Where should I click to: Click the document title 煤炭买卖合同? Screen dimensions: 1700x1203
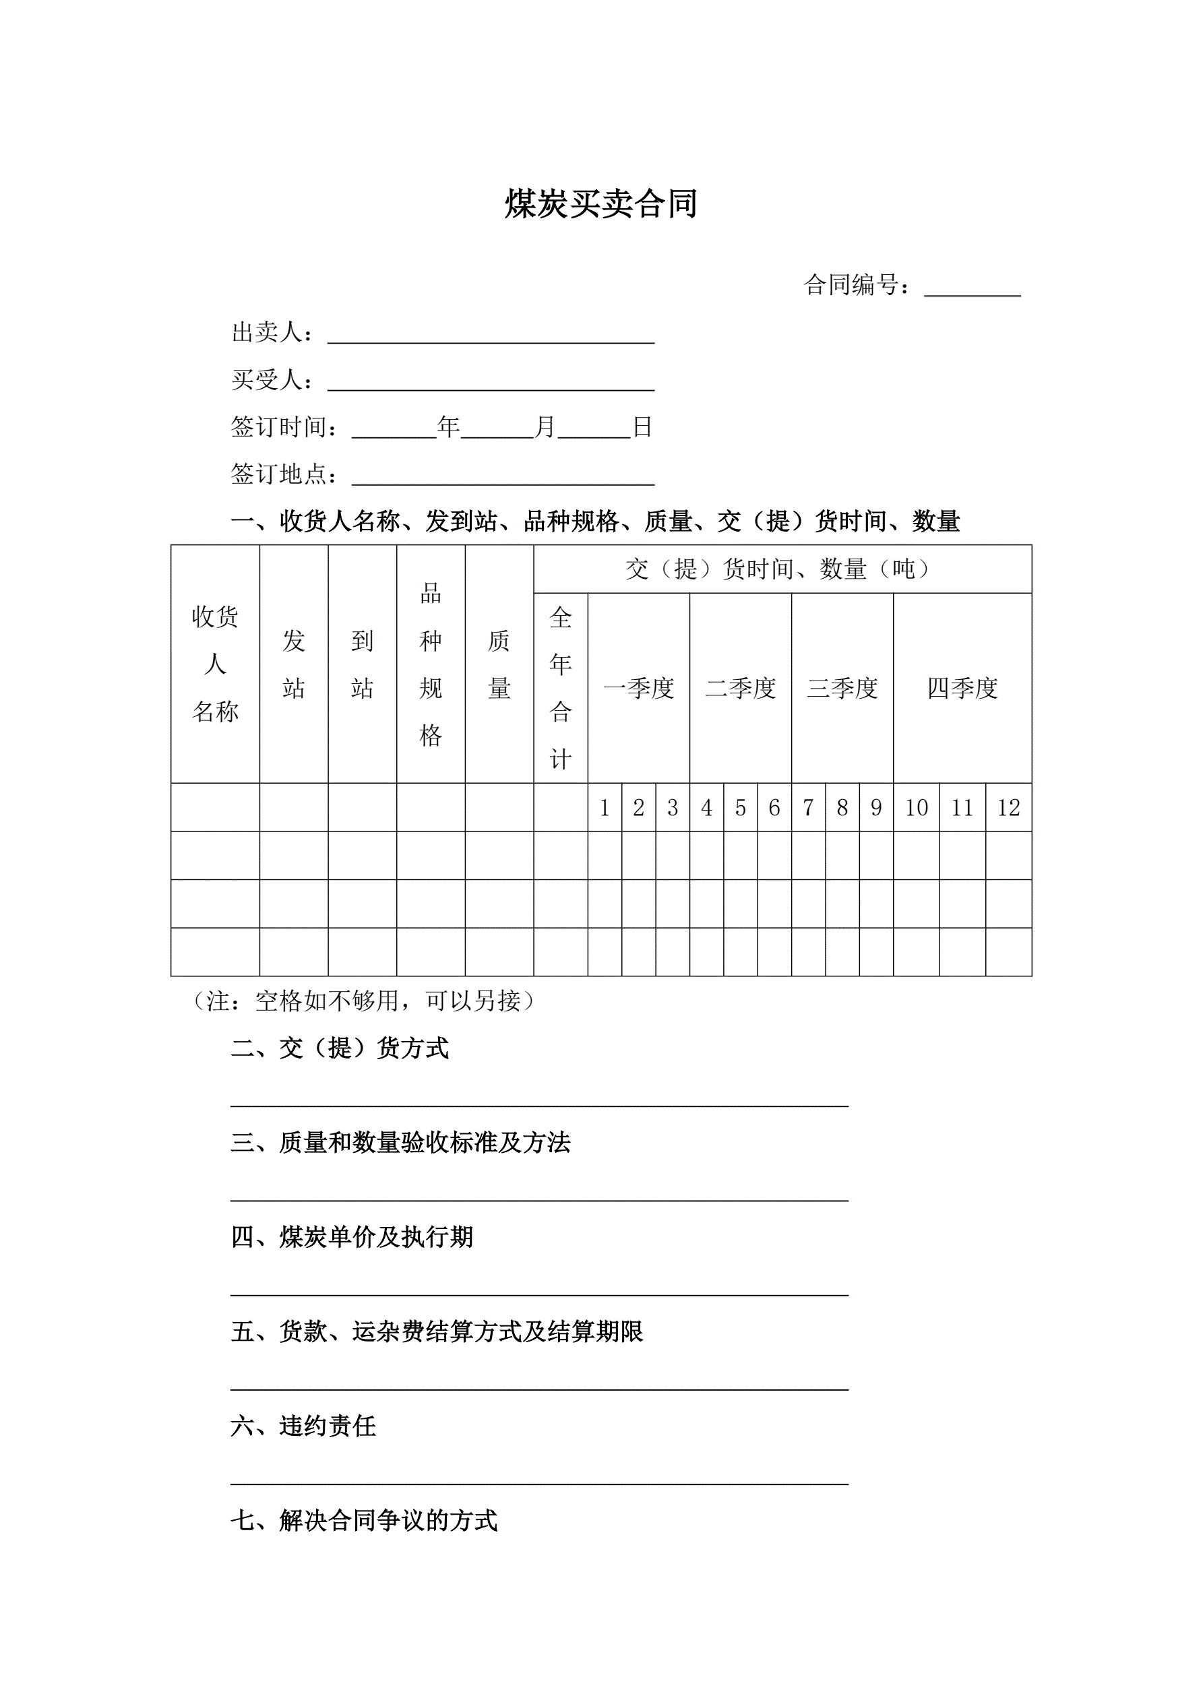click(x=600, y=204)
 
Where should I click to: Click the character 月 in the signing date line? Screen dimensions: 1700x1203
click(x=545, y=427)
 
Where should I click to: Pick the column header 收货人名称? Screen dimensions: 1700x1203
click(x=215, y=664)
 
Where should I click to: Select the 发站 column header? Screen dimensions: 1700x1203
click(x=293, y=664)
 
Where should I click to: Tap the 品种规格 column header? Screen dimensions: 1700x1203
click(x=431, y=664)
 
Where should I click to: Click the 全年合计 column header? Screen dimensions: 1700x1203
click(x=561, y=688)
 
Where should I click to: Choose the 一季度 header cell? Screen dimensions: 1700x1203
click(x=638, y=689)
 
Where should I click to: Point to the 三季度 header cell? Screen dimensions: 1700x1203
click(x=842, y=689)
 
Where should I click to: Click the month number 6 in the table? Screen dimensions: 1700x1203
click(x=774, y=808)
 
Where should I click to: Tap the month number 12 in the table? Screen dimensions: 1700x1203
click(x=1008, y=808)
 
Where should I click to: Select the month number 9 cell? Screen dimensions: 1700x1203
click(x=875, y=808)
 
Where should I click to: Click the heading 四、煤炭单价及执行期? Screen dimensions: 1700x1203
click(x=352, y=1237)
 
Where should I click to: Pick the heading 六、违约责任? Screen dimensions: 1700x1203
click(x=304, y=1426)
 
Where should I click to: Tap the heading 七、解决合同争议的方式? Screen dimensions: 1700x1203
click(x=365, y=1521)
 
